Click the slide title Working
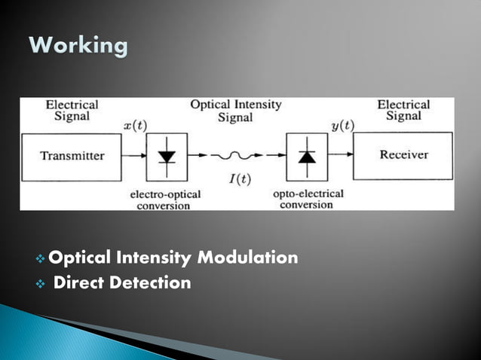(x=78, y=47)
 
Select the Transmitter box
(x=72, y=157)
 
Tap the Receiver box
(x=403, y=155)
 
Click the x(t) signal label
(x=135, y=126)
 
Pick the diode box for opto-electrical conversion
(x=308, y=157)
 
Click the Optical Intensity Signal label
(x=235, y=111)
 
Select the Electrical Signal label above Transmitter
(x=72, y=111)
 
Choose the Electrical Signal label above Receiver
(x=403, y=111)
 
